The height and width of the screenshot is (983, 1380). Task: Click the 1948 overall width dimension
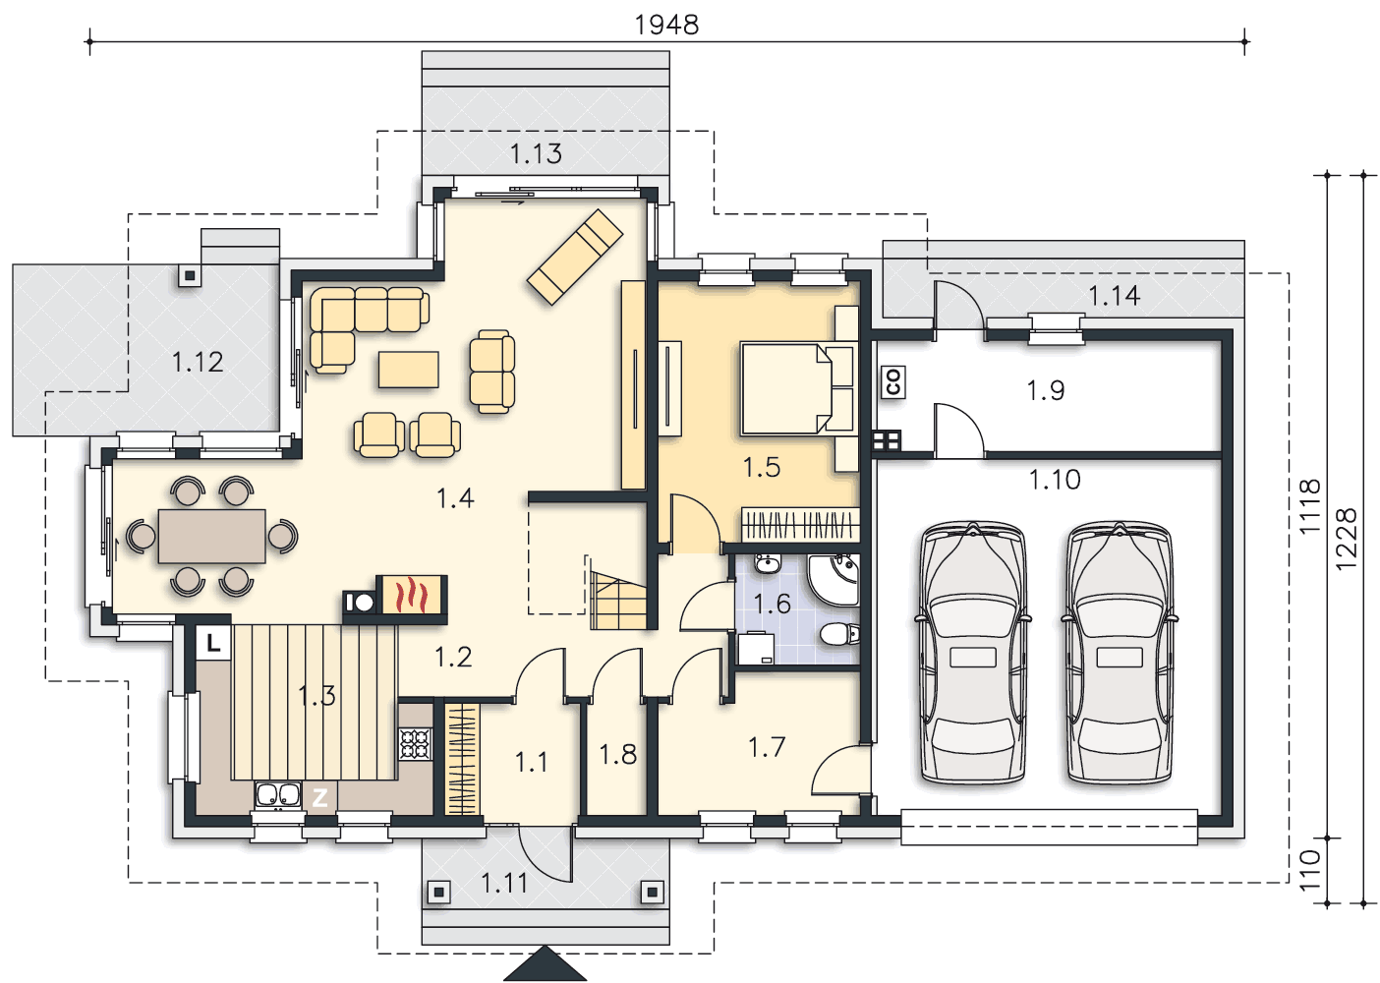click(x=666, y=26)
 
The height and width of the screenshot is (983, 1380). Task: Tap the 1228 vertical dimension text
click(x=1347, y=539)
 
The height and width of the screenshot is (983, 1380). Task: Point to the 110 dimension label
click(x=1310, y=870)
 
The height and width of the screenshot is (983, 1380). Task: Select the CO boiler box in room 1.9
click(x=893, y=382)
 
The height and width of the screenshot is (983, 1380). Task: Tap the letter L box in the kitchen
click(x=213, y=644)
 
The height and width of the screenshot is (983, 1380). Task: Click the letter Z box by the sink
click(x=319, y=798)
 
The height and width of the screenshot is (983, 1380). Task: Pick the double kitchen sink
click(x=278, y=795)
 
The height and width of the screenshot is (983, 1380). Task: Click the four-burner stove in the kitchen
click(x=415, y=743)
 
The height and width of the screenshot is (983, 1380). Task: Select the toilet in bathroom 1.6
click(x=840, y=633)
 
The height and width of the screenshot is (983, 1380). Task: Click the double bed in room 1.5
click(x=798, y=389)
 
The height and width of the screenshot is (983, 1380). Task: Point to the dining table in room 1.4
click(x=212, y=536)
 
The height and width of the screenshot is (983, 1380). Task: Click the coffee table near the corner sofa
click(x=409, y=370)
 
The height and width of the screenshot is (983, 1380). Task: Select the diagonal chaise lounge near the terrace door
click(x=575, y=257)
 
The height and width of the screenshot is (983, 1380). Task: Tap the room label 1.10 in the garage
click(x=1055, y=480)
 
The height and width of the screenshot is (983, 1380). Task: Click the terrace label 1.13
click(x=536, y=154)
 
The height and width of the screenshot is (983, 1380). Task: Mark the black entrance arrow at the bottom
click(x=546, y=963)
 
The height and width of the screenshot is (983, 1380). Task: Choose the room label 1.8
click(x=618, y=755)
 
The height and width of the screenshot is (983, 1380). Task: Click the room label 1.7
click(x=767, y=748)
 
